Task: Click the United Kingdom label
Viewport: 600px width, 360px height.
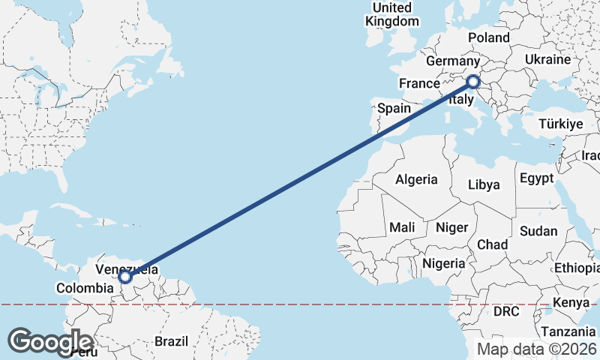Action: click(392, 14)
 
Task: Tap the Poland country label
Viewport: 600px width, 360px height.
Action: click(488, 37)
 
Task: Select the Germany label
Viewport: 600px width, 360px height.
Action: click(451, 61)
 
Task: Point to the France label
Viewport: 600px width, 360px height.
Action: click(418, 83)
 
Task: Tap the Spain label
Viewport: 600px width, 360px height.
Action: click(394, 108)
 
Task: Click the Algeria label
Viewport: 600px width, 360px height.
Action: click(416, 179)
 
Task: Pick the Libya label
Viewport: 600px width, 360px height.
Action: click(484, 184)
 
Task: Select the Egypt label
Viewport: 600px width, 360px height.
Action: click(536, 178)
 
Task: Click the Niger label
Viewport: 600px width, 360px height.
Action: click(451, 227)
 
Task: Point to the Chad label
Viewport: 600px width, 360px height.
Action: click(492, 244)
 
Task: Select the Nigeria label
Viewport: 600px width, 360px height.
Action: click(443, 263)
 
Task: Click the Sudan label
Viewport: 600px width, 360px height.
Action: click(539, 231)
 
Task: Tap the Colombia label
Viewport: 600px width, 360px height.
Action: click(84, 288)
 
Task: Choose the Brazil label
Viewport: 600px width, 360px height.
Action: click(171, 341)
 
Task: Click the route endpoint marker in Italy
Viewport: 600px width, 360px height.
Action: click(473, 82)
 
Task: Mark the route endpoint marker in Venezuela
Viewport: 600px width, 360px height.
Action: click(125, 277)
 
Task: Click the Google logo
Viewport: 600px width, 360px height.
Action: click(50, 341)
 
